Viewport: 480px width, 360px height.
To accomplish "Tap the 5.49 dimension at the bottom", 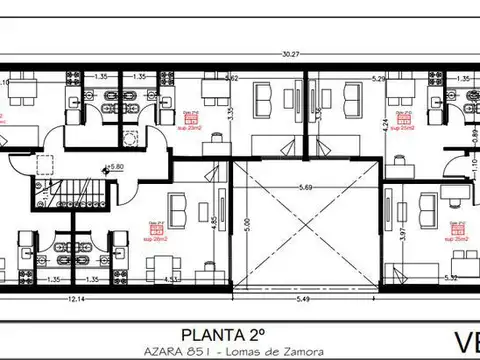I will [x=302, y=298].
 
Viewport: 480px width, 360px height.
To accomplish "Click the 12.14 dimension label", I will [x=74, y=298].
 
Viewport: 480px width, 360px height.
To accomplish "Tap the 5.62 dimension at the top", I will [x=231, y=76].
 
